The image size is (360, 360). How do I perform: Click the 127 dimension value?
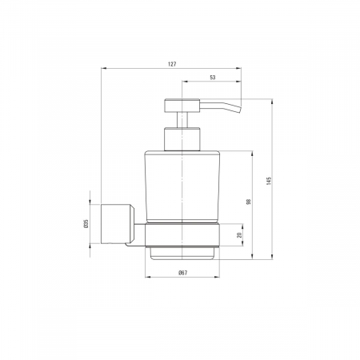tap(172, 64)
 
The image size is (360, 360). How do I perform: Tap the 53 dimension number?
tap(213, 78)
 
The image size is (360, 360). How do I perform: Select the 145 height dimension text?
tap(269, 181)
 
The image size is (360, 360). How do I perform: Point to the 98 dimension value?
tap(249, 202)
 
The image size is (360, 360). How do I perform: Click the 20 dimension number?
tap(239, 235)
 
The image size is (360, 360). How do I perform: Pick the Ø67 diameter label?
tap(183, 273)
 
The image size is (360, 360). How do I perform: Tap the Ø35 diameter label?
tap(86, 224)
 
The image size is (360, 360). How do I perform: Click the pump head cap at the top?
tap(182, 105)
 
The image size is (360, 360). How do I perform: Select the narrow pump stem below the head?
tap(182, 120)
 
